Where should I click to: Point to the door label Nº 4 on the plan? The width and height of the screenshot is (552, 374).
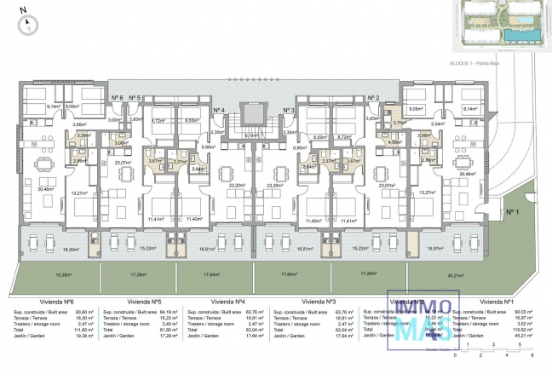coord(218,110)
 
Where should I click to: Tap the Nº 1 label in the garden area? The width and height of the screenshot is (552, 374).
coord(510,211)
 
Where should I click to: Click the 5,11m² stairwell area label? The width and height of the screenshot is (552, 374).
coord(251,135)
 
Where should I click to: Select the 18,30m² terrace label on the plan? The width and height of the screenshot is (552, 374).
coord(72,250)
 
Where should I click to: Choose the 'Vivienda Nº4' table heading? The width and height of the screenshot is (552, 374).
coord(228,302)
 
